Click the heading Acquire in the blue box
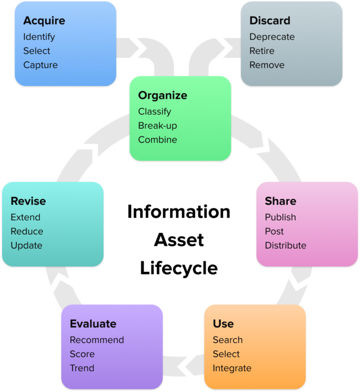[x=44, y=21]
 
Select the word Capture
[x=40, y=65]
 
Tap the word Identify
[x=39, y=38]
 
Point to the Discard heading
[x=270, y=21]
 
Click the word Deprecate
[x=272, y=38]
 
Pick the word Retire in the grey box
[x=262, y=51]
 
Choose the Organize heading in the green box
[x=163, y=96]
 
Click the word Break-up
[x=158, y=126]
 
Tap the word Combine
[x=158, y=140]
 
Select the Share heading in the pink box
[x=281, y=201]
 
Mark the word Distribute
[x=285, y=246]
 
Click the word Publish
[x=281, y=217]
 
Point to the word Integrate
[x=232, y=369]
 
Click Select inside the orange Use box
[x=226, y=354]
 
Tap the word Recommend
[x=97, y=340]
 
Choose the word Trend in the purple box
[x=82, y=369]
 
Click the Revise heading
[x=28, y=201]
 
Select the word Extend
[x=26, y=217]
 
